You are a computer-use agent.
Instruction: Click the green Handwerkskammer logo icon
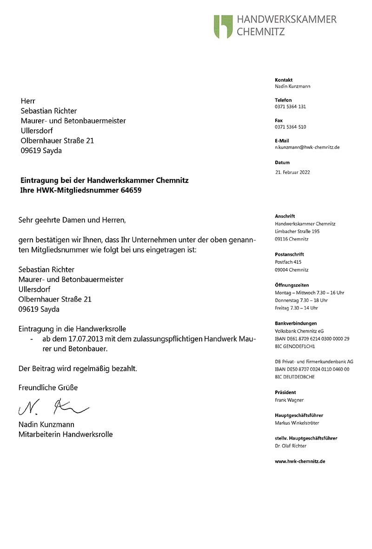[x=223, y=26]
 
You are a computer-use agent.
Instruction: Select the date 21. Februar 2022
[x=292, y=172]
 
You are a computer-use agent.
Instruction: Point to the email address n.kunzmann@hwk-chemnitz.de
[x=307, y=147]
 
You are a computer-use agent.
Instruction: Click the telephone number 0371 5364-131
[x=290, y=107]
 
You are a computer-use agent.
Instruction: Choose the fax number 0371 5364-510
[x=290, y=127]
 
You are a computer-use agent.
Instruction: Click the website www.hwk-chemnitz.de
[x=299, y=462]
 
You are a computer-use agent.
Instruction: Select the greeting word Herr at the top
[x=28, y=101]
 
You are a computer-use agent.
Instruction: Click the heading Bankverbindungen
[x=296, y=323]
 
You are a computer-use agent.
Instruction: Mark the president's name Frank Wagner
[x=289, y=400]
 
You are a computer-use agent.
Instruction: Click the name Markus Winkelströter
[x=297, y=423]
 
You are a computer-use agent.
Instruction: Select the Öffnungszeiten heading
[x=292, y=285]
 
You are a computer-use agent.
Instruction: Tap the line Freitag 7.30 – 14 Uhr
[x=296, y=308]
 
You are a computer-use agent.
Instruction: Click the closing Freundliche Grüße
[x=48, y=388]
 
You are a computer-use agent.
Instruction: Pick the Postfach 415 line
[x=288, y=262]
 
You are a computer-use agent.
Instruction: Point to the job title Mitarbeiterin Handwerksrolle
[x=65, y=435]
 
